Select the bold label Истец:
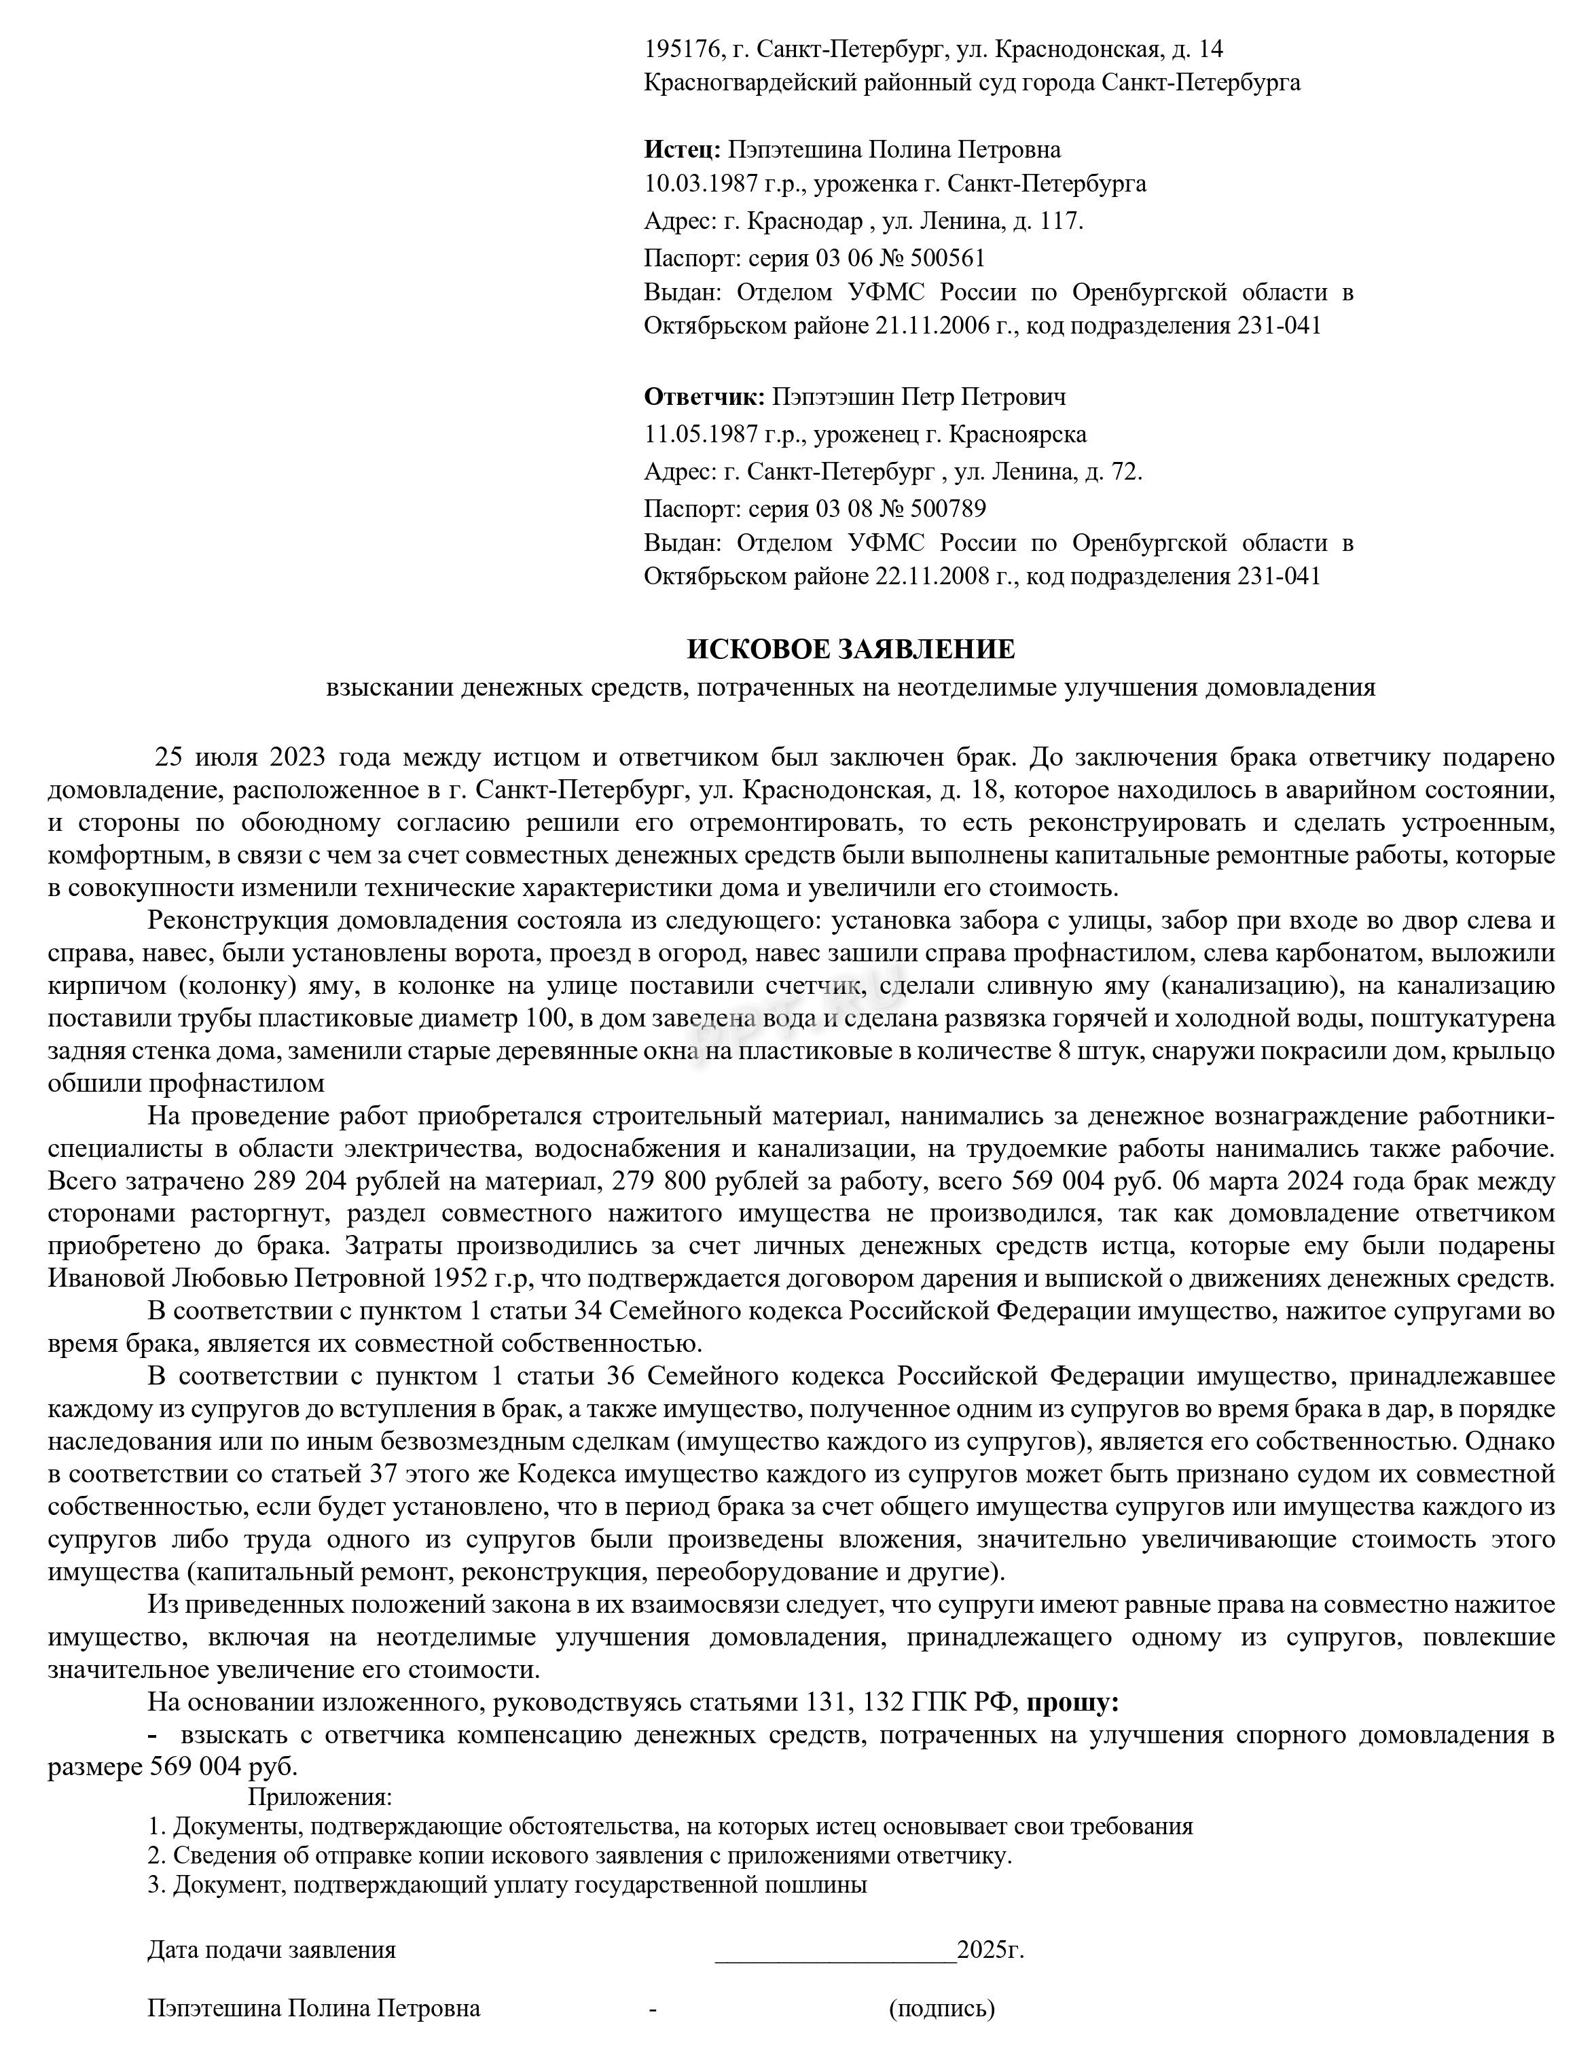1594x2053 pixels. (683, 149)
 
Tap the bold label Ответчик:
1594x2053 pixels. (704, 397)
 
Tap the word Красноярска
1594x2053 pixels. (1018, 434)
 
